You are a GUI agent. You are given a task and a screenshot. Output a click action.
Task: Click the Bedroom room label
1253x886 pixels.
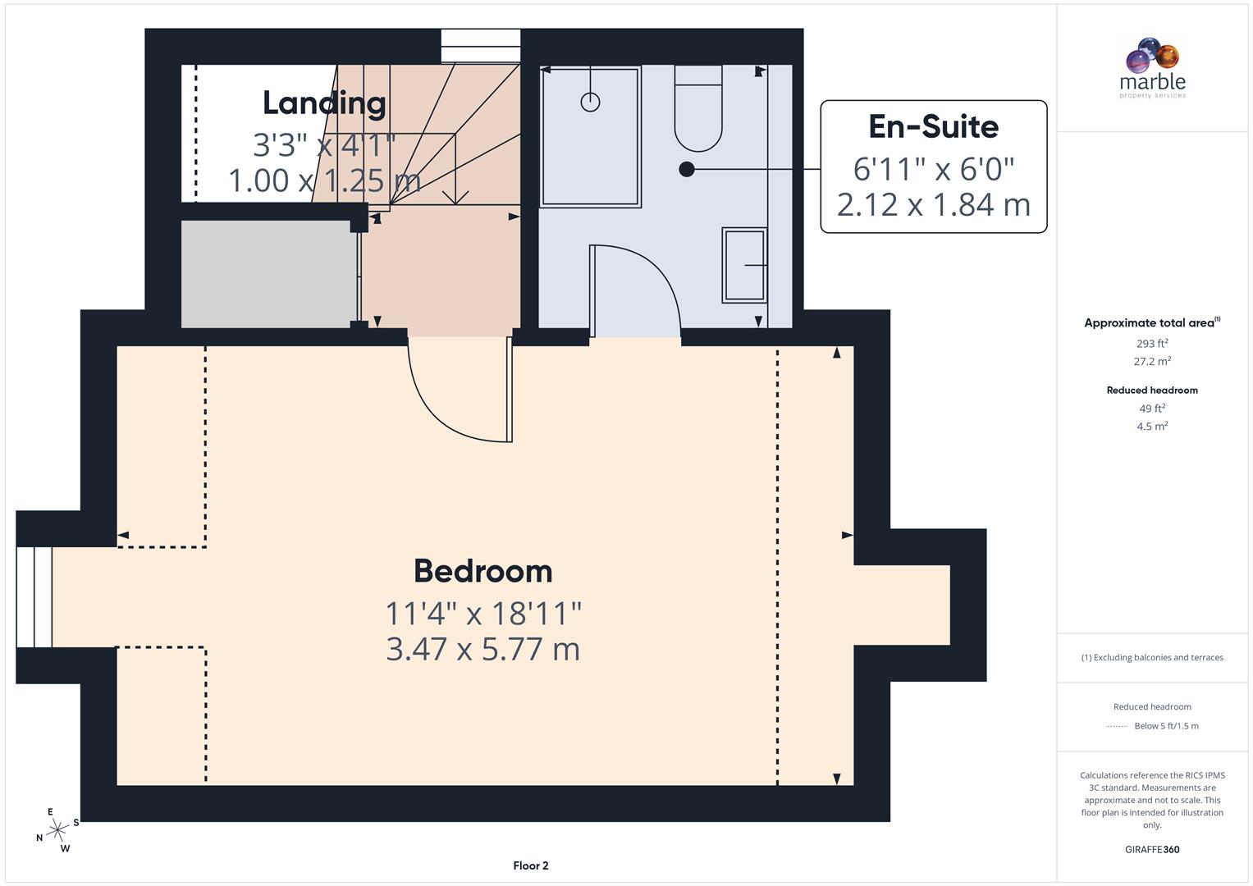point(482,571)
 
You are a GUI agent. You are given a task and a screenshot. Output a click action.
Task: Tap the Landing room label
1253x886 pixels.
point(324,103)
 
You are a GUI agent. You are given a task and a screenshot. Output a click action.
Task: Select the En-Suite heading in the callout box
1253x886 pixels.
point(933,126)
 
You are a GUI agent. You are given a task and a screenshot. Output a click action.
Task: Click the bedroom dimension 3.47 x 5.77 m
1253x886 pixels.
point(482,649)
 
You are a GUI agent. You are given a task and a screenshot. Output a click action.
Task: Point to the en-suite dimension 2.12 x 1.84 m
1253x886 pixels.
point(933,204)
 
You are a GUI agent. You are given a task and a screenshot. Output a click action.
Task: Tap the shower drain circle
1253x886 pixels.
point(590,102)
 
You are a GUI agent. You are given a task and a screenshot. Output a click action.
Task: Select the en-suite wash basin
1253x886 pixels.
point(744,265)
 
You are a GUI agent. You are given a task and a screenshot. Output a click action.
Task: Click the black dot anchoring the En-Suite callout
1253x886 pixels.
point(687,169)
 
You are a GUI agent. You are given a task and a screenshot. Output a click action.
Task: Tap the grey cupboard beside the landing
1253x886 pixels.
point(268,274)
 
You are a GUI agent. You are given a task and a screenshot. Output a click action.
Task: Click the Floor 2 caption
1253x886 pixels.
point(530,865)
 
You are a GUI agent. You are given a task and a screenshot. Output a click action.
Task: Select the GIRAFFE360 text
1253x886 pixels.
point(1152,849)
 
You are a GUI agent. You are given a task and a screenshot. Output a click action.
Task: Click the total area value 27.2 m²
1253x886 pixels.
point(1152,361)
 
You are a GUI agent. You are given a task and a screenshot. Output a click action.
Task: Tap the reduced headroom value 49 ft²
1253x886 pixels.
point(1152,409)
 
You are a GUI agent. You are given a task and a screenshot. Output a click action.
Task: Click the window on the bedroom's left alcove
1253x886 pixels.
point(34,596)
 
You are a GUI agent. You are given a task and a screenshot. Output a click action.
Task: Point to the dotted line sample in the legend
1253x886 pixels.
point(1117,726)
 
